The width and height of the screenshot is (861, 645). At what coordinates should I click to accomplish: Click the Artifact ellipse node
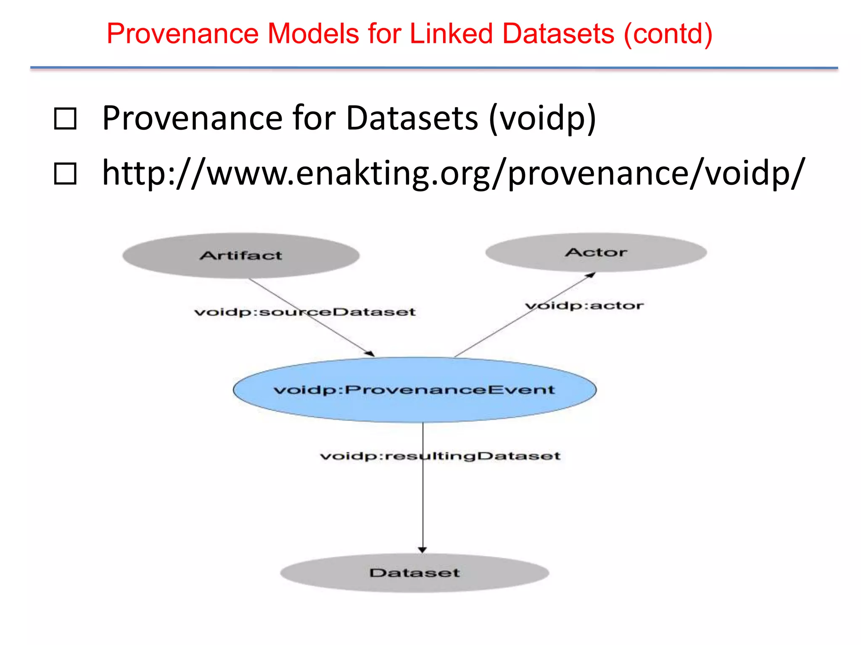coord(241,256)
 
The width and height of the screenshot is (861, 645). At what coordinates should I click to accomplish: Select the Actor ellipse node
coord(596,252)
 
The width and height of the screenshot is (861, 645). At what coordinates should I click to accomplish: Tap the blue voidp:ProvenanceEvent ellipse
coord(415,390)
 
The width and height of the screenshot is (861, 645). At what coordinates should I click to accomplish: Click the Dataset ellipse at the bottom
coord(415,573)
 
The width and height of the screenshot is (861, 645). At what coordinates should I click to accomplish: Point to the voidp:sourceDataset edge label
coord(305,312)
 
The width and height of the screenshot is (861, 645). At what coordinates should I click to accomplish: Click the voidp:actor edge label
coord(584,306)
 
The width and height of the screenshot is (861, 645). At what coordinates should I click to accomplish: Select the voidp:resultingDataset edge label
coord(440,456)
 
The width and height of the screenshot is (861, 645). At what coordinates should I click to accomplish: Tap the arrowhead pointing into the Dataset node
coord(423,550)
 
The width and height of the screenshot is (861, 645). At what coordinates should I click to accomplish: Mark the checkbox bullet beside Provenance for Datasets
coord(65,119)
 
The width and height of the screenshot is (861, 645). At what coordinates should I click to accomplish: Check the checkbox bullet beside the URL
coord(65,174)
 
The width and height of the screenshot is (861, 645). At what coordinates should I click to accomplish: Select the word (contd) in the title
coord(668,34)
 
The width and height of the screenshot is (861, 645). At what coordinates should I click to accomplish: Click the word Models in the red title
coord(313,34)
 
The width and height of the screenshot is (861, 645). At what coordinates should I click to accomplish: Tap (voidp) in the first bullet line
coord(542,119)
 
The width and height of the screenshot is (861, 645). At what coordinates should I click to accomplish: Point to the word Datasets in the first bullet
coord(412,119)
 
